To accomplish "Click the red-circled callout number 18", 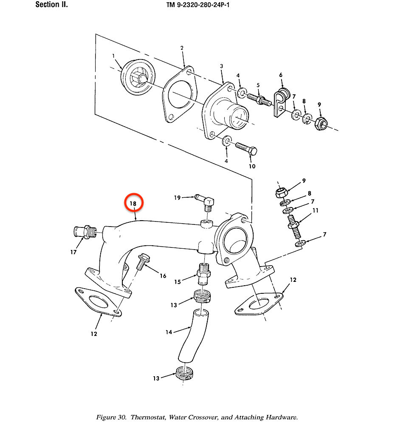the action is [133, 203].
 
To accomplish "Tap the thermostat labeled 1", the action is [138, 77].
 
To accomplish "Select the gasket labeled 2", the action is [179, 94].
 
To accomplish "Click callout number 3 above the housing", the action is [221, 66].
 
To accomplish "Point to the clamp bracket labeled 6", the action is [282, 102].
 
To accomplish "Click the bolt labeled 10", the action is [246, 149].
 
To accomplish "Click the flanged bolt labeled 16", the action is [143, 261].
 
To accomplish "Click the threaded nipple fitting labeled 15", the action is [204, 273].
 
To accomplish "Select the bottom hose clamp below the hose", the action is [184, 373].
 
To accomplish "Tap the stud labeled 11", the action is [294, 226].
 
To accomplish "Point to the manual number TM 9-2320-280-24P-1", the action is [198, 5].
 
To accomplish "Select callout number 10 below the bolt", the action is [252, 166].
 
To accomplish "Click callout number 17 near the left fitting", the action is [73, 252].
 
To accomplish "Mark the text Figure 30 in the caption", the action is [111, 417].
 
